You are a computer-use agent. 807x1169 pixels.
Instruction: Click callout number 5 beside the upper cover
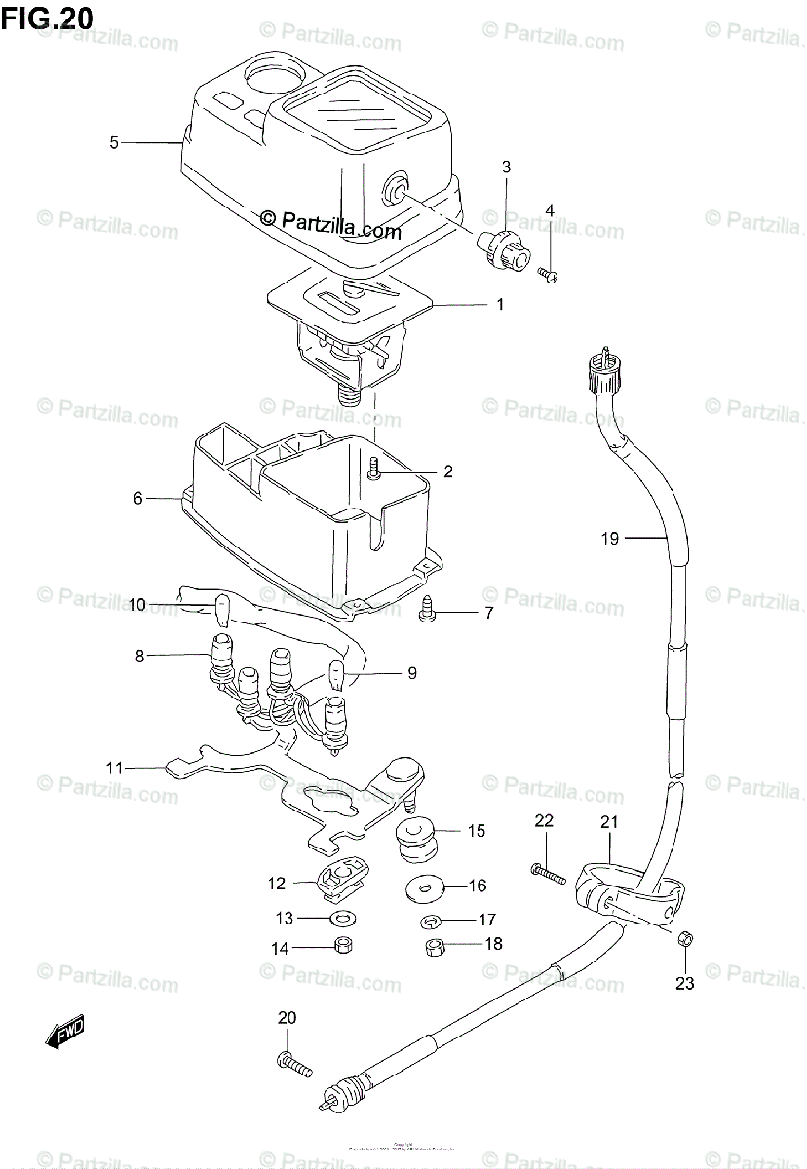[x=114, y=143]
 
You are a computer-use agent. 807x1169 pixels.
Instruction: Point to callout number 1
[x=500, y=305]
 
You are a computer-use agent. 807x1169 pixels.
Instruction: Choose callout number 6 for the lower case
[x=137, y=498]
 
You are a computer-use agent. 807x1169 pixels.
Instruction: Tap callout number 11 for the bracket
[x=115, y=768]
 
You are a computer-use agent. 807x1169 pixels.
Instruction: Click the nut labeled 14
[x=342, y=945]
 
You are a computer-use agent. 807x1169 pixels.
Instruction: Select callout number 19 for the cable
[x=610, y=537]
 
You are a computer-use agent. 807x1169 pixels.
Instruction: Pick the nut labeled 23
[x=684, y=938]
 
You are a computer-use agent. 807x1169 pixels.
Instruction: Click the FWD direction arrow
[x=65, y=1031]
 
